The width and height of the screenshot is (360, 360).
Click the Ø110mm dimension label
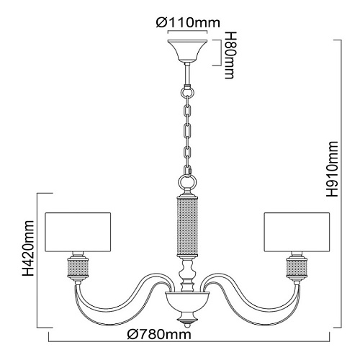(188, 23)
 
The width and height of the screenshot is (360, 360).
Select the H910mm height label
(332, 169)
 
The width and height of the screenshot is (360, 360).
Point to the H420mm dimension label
(28, 248)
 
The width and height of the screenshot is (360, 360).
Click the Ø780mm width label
(159, 334)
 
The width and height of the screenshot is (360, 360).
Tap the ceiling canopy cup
(187, 50)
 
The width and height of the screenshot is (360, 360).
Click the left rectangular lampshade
(78, 232)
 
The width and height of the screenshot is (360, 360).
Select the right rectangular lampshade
(297, 232)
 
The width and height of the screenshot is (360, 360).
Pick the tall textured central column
(187, 227)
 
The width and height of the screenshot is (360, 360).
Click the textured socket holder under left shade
(78, 269)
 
